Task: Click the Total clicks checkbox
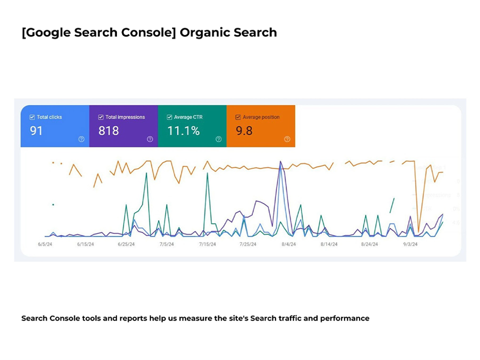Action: tap(32, 117)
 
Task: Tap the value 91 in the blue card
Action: tap(36, 131)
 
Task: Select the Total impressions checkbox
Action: tap(101, 117)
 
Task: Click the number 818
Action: tap(108, 131)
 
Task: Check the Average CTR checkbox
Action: tap(169, 117)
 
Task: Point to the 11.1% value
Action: tap(183, 131)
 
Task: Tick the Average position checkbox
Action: tap(238, 117)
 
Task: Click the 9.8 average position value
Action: tap(244, 131)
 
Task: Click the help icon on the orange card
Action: tap(287, 139)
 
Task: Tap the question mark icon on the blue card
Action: tap(81, 139)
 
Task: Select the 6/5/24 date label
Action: tap(45, 244)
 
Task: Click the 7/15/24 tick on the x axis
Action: tap(207, 244)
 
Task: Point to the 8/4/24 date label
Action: tap(288, 244)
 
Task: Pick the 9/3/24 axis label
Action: tap(410, 244)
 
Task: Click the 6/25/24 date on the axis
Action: tap(126, 244)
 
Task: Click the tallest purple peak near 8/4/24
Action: tap(280, 161)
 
